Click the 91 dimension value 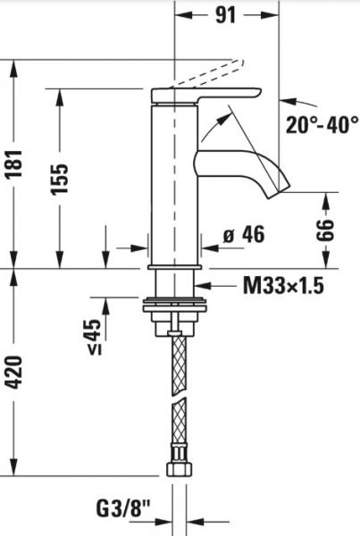click(x=226, y=15)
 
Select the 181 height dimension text click(x=14, y=163)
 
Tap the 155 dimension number click(x=60, y=180)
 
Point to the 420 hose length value click(x=15, y=373)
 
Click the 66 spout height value click(x=325, y=230)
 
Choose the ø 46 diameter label click(x=244, y=234)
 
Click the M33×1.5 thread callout click(x=283, y=286)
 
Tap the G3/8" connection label click(x=123, y=509)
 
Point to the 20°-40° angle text click(x=322, y=125)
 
